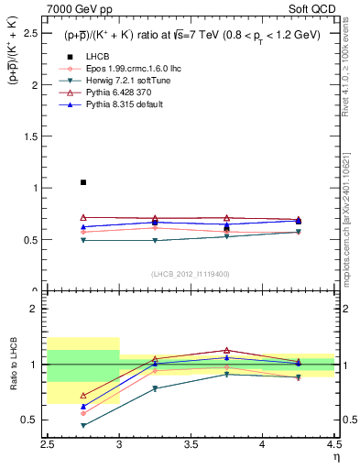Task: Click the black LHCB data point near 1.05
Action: (83, 182)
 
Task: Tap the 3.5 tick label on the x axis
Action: (191, 446)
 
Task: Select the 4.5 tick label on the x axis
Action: (333, 446)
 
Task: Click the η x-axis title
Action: (335, 457)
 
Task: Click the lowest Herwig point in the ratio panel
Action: (83, 425)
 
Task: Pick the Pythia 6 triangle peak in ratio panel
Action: (226, 350)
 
